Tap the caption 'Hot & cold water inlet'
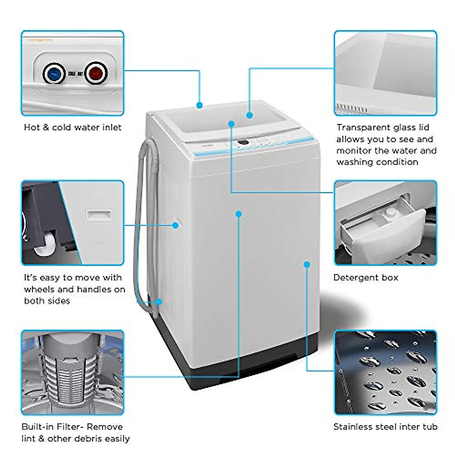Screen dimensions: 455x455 (72, 127)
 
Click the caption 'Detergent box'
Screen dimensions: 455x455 (366, 278)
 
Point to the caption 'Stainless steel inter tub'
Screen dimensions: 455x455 (385, 427)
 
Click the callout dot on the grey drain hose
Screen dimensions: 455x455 (159, 302)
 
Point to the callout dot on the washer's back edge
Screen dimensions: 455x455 (199, 105)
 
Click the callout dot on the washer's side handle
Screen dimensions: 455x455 (175, 225)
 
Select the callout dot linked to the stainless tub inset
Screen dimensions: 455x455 (307, 264)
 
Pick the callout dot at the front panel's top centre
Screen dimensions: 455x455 (238, 214)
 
